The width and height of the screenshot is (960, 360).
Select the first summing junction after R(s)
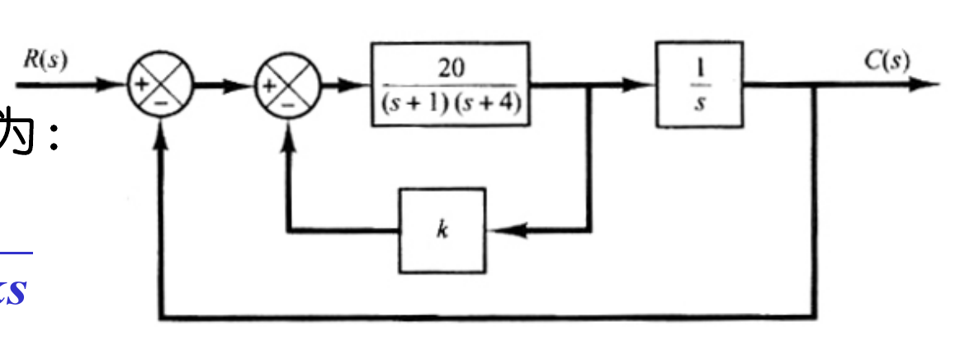(159, 85)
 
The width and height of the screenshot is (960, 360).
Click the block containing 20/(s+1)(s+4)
(450, 84)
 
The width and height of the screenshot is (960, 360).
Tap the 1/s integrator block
(698, 84)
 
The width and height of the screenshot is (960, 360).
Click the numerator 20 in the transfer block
(450, 69)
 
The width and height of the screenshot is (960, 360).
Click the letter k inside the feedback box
(442, 230)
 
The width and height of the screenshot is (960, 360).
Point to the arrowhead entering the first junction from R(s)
(116, 84)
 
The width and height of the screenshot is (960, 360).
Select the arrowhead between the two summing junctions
(244, 84)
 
